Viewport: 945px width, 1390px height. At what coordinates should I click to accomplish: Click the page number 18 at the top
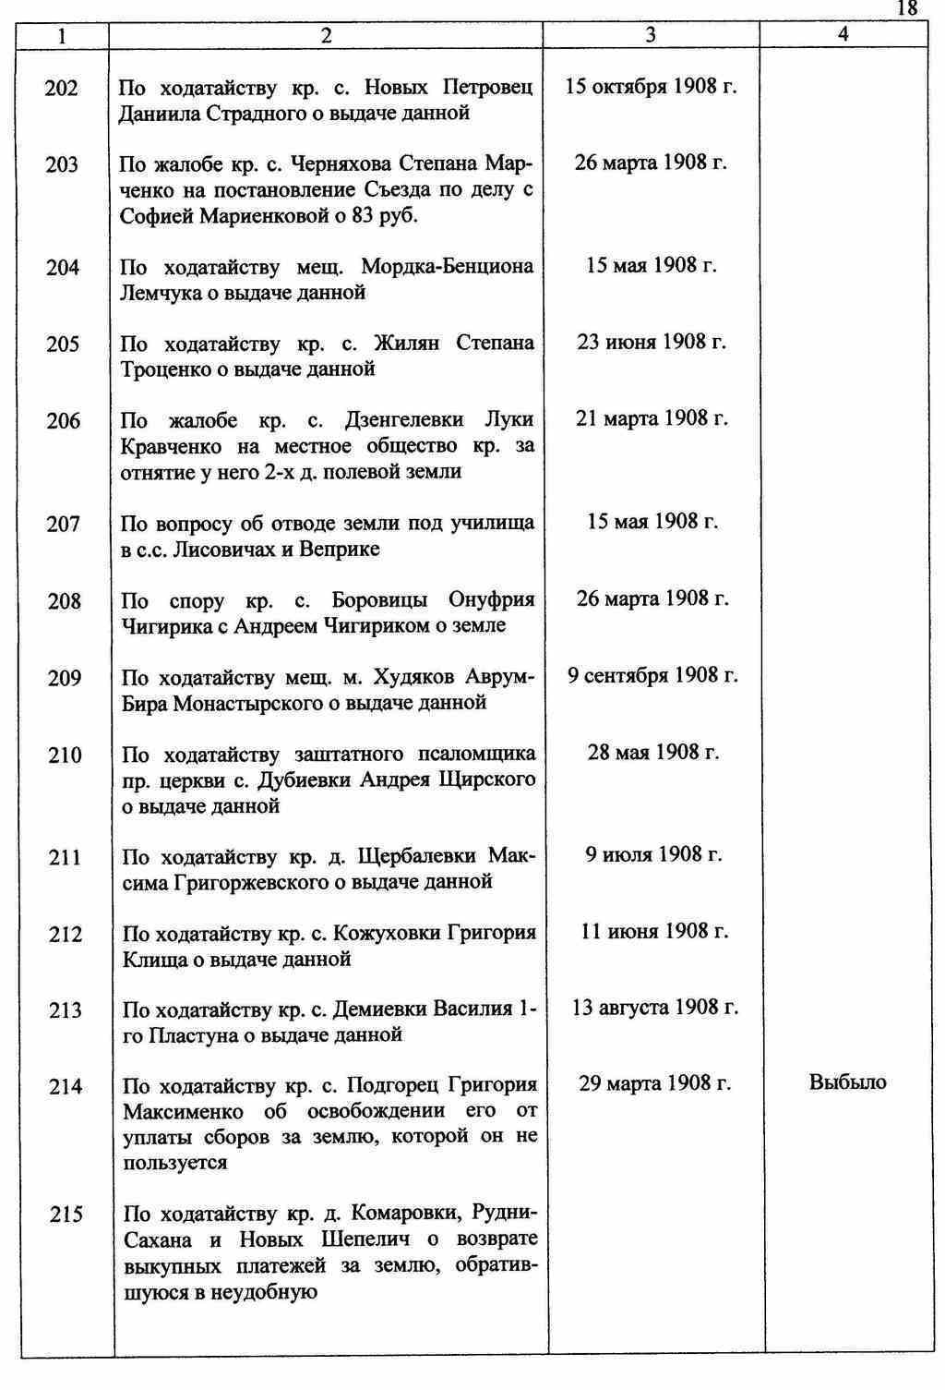point(907,8)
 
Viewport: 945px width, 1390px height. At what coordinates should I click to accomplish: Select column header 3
point(651,35)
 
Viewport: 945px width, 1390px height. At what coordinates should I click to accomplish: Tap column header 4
point(843,35)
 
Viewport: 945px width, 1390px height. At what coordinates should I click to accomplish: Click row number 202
point(62,89)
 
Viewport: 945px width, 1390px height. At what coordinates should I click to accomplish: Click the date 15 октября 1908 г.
point(651,88)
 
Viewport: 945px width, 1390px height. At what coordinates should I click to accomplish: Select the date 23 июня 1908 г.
point(652,343)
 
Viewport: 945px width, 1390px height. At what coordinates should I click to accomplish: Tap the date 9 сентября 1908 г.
point(652,676)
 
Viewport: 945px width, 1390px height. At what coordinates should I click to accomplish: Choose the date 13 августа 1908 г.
point(655,1008)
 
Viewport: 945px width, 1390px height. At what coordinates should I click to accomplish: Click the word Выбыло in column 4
point(847,1082)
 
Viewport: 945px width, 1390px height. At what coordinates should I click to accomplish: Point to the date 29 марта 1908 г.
point(654,1083)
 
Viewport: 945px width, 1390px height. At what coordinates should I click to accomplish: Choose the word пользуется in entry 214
point(175,1163)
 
